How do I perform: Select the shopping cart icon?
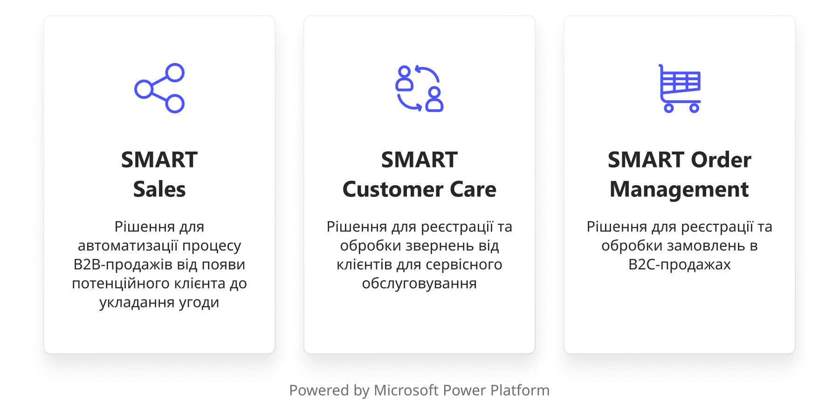point(680,88)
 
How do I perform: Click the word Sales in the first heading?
point(159,189)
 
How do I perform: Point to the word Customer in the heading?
point(393,189)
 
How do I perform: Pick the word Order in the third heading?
point(721,160)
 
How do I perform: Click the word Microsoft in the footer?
point(406,390)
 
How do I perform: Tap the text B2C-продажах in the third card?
point(680,265)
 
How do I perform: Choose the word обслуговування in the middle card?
point(419,284)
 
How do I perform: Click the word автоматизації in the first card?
point(128,246)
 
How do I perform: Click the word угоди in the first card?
point(199,303)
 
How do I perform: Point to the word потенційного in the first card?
point(121,284)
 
